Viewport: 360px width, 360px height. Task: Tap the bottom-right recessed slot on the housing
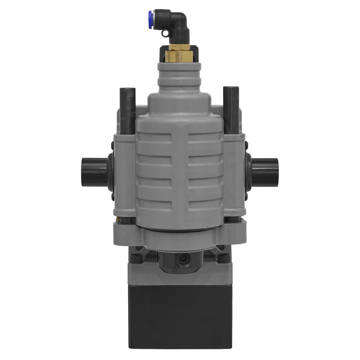click(204, 204)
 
